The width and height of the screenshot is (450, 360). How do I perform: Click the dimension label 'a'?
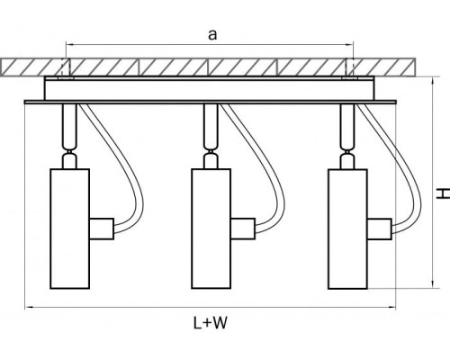pyautogui.click(x=212, y=35)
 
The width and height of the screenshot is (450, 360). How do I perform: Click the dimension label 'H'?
pyautogui.click(x=443, y=193)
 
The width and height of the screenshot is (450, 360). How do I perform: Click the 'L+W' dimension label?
pyautogui.click(x=211, y=323)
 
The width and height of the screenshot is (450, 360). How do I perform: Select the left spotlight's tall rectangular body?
pyautogui.click(x=69, y=229)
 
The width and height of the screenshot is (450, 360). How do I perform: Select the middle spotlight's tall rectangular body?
pyautogui.click(x=211, y=229)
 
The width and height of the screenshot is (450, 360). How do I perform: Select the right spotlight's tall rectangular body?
pyautogui.click(x=347, y=229)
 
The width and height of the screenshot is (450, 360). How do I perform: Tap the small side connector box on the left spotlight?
pyautogui.click(x=102, y=229)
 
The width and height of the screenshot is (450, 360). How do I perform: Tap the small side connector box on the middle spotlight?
pyautogui.click(x=243, y=229)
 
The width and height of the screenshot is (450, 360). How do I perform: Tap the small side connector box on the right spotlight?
pyautogui.click(x=380, y=229)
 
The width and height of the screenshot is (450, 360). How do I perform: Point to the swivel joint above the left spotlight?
pyautogui.click(x=69, y=151)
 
